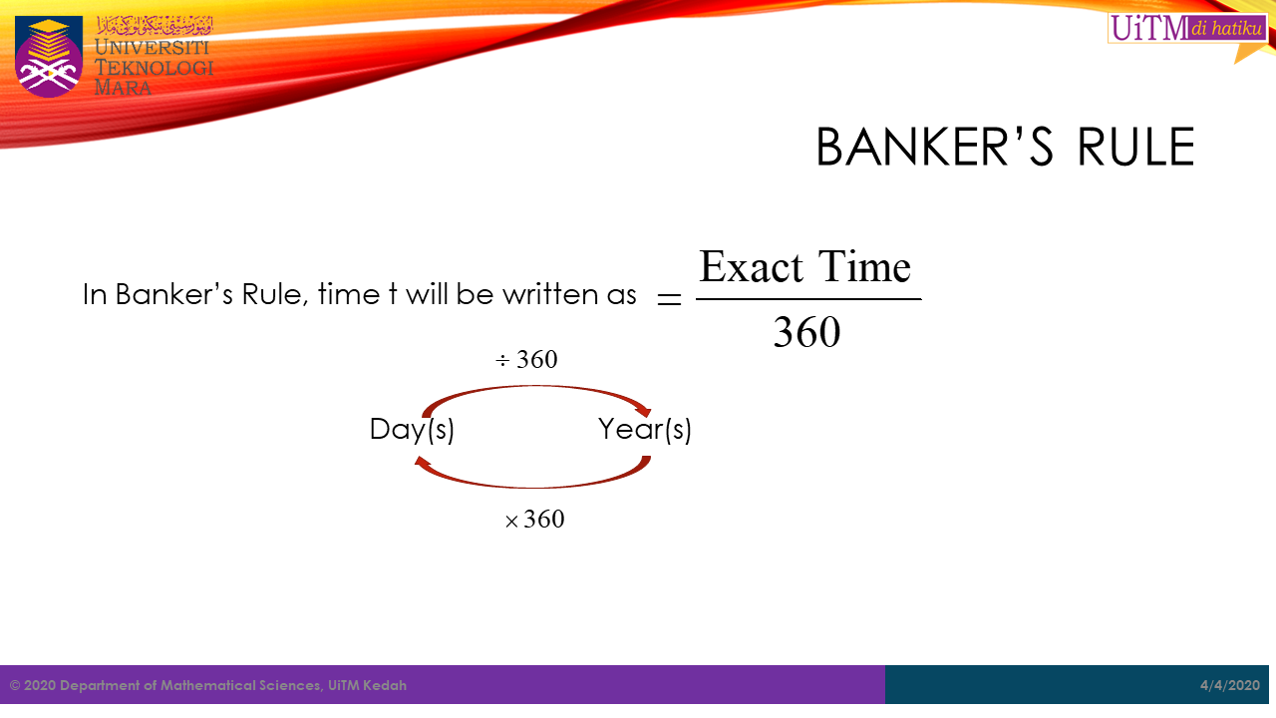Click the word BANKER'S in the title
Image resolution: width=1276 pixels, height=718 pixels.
pos(935,147)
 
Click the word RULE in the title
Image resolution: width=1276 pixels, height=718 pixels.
pos(1135,147)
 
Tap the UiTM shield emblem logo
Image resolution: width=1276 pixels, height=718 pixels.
pos(49,57)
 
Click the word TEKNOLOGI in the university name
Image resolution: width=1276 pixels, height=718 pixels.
pos(154,68)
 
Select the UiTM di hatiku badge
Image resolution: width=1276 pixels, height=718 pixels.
pos(1187,28)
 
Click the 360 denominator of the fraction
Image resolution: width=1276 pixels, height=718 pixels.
pos(806,332)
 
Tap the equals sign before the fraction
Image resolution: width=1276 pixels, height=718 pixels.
pos(669,299)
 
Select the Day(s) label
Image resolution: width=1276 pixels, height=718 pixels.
pos(412,429)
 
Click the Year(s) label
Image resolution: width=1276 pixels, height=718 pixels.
pos(644,429)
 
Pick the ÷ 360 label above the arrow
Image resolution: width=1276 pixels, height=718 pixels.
pos(526,360)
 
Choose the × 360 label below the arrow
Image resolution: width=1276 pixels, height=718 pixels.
pos(534,520)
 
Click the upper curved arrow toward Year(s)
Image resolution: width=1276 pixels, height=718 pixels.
pos(535,387)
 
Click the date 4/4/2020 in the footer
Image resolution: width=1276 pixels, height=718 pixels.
pos(1230,685)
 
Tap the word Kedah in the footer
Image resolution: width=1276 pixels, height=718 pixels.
pos(385,685)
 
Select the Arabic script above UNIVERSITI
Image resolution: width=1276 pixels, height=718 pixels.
pos(155,26)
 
